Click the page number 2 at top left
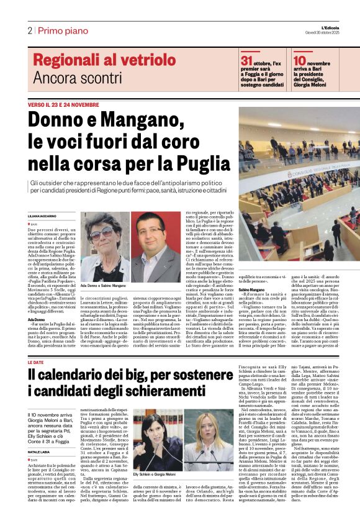29,30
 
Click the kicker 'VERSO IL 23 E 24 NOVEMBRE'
63,105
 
